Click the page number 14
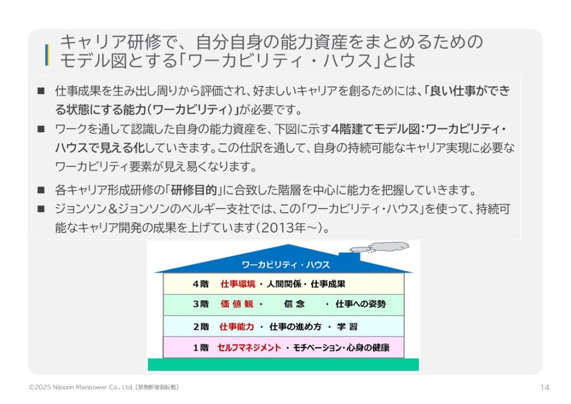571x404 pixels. click(x=544, y=388)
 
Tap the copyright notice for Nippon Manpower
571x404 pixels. click(x=103, y=387)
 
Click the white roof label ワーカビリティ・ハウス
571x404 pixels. click(x=285, y=265)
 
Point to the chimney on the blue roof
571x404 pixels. click(x=349, y=257)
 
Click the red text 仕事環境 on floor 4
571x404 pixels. click(x=238, y=284)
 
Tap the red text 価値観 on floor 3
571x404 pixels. click(x=236, y=304)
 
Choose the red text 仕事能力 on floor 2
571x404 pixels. click(x=236, y=327)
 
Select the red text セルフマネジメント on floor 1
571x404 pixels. click(x=249, y=348)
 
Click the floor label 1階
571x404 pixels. click(x=201, y=348)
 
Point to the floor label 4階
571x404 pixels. click(x=201, y=284)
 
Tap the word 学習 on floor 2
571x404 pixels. click(x=347, y=327)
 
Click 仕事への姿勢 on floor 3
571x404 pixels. click(x=361, y=304)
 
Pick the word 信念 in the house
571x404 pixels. click(x=294, y=304)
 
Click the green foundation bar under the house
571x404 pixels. click(x=283, y=364)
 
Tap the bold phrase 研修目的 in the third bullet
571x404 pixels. click(x=193, y=190)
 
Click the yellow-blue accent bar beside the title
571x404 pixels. click(x=47, y=55)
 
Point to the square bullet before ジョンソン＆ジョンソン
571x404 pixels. click(x=41, y=209)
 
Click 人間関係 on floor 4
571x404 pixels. click(x=284, y=284)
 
